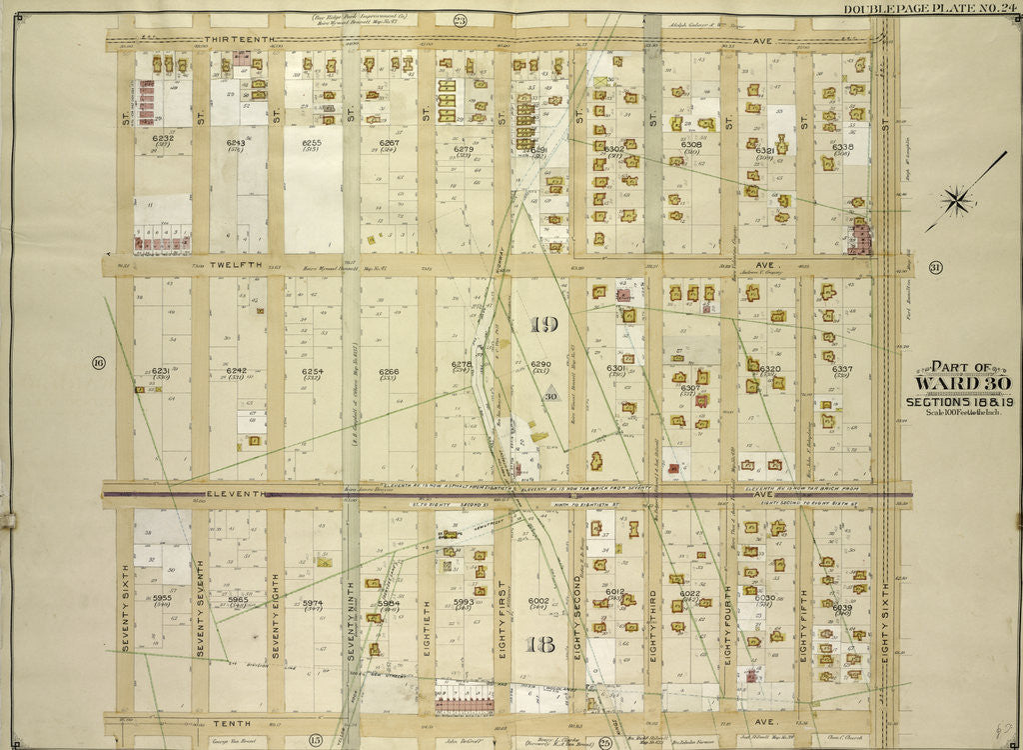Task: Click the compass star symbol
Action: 957,202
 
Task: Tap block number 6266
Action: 388,372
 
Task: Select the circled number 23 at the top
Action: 460,19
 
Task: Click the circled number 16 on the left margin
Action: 98,362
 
